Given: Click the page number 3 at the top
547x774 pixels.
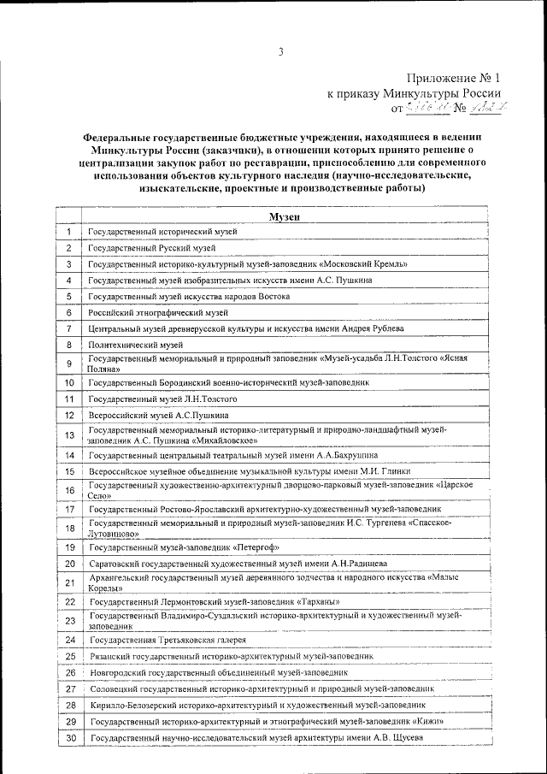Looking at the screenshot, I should click(x=279, y=53).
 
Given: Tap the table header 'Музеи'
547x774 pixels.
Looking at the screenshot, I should click(x=284, y=217).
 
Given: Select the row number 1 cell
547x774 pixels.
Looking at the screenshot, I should click(x=68, y=232).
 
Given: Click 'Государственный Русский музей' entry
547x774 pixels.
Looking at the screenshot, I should click(x=152, y=248).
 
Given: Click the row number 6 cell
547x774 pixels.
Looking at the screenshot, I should click(x=68, y=313).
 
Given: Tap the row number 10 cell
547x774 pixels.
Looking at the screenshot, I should click(x=68, y=383).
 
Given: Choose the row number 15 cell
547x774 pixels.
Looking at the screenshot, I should click(x=68, y=471).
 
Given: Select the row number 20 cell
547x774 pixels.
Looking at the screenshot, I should click(x=68, y=564).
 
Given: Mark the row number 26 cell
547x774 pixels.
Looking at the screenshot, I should click(x=68, y=672).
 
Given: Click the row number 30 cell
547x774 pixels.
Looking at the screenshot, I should click(x=68, y=738).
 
